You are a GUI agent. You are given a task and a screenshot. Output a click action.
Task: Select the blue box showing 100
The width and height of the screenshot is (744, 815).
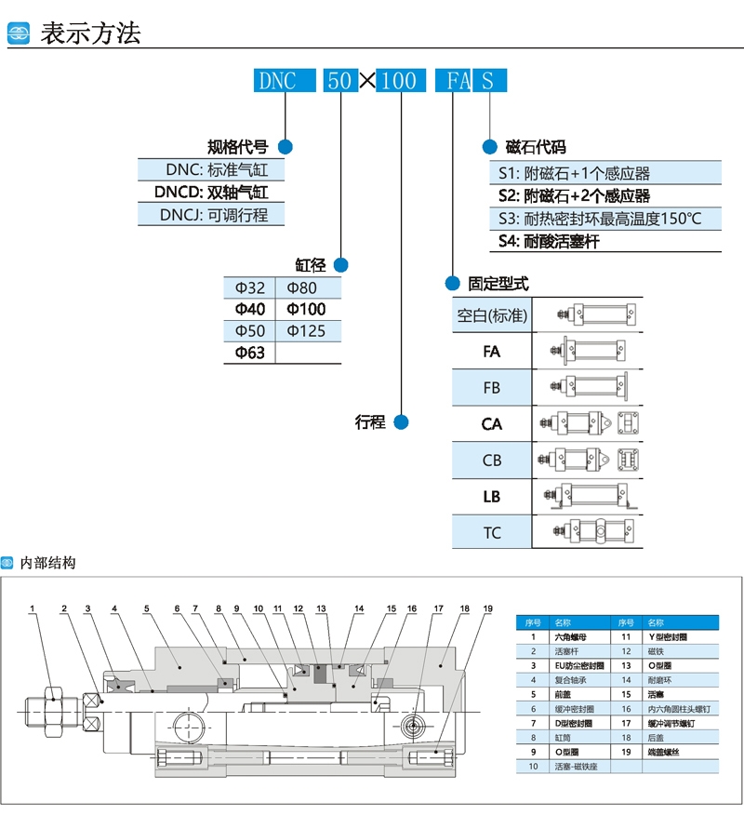(x=400, y=80)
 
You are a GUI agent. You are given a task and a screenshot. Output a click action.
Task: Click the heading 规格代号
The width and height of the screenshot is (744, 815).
(x=237, y=146)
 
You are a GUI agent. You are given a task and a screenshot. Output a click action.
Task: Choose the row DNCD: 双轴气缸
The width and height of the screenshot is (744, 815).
(x=210, y=193)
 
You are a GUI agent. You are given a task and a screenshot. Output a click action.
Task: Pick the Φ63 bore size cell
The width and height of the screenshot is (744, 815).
(x=249, y=353)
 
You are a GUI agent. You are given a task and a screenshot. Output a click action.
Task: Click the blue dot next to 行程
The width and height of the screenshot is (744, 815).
(x=402, y=421)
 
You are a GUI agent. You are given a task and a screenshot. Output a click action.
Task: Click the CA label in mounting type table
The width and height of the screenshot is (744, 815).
(x=492, y=423)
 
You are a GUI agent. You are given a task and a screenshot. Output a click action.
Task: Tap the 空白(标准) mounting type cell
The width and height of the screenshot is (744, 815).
(x=492, y=315)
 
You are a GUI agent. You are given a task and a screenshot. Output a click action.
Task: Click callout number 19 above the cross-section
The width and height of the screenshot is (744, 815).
(x=486, y=609)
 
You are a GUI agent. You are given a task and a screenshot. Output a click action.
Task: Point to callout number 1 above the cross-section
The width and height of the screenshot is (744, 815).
(x=32, y=609)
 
